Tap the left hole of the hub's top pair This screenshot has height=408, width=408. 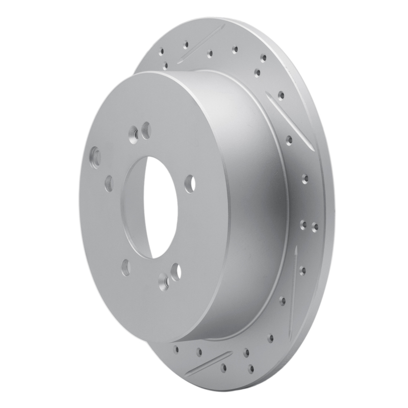coord(135,134)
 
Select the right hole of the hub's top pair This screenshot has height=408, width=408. coord(146,130)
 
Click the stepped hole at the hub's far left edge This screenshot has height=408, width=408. coord(95,156)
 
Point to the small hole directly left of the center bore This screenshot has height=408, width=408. coord(109,183)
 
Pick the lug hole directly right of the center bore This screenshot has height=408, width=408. coord(190,184)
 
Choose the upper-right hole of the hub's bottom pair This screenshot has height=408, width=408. coord(176,271)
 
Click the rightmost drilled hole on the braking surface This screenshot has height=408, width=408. coord(315,227)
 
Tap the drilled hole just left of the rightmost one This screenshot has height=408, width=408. coord(303,224)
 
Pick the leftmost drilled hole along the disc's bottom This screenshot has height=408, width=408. coord(176,350)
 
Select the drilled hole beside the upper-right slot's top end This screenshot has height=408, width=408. coord(281,95)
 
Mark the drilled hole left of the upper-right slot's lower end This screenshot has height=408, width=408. coord(289,139)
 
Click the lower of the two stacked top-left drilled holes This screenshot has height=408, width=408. coord(165,65)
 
